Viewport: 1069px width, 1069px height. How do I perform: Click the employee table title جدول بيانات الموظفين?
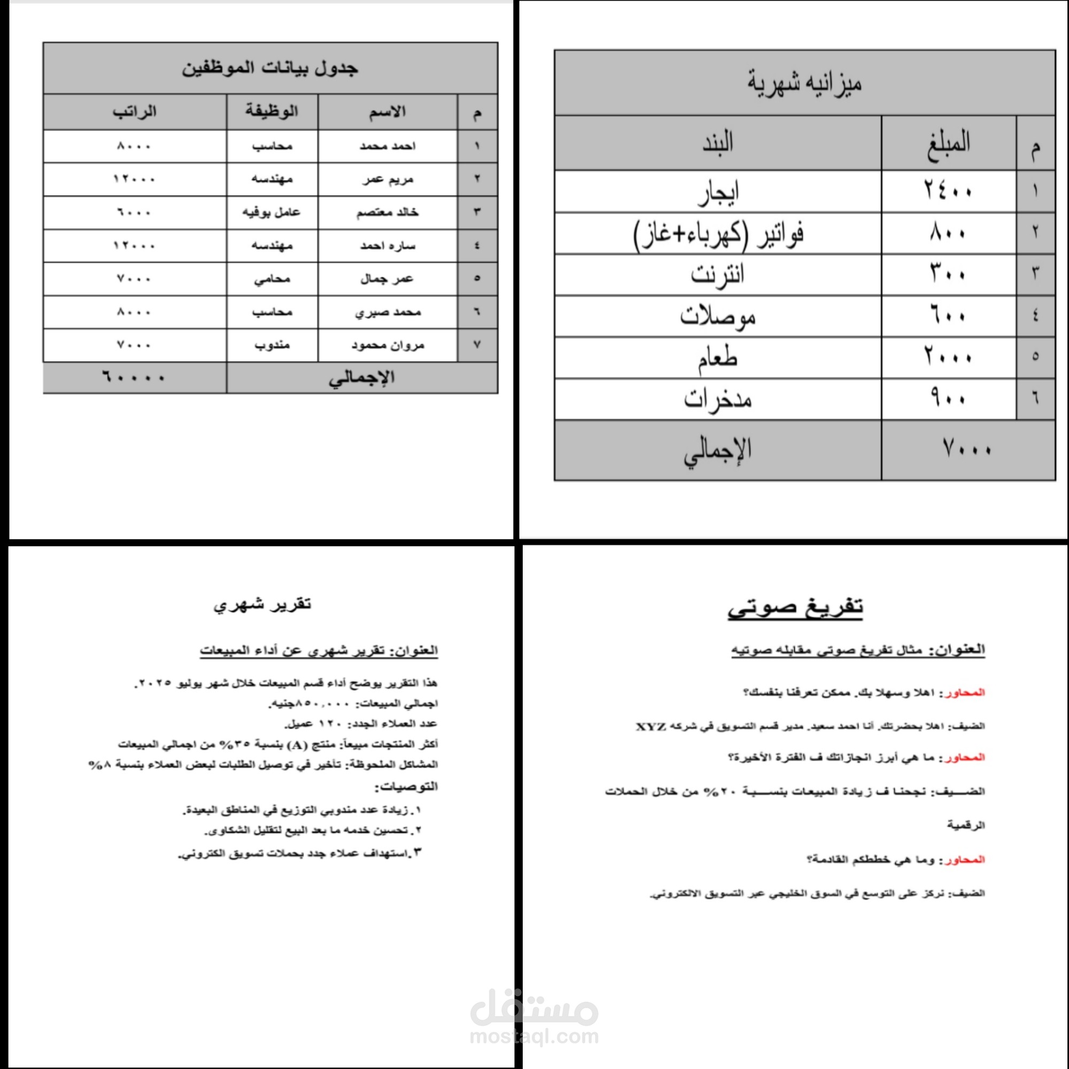[x=270, y=68]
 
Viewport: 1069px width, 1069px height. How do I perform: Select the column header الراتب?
[x=135, y=112]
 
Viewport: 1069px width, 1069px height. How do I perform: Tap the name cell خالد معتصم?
[x=388, y=213]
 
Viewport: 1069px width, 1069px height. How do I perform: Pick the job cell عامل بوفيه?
[x=271, y=213]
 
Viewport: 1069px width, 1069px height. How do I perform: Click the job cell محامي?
[x=272, y=279]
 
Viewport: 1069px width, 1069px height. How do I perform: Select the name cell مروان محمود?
[x=388, y=345]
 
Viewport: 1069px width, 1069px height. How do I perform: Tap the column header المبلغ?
[x=948, y=142]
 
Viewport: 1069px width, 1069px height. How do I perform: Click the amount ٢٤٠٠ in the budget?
[x=948, y=191]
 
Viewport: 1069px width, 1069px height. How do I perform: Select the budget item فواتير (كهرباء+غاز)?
[x=718, y=234]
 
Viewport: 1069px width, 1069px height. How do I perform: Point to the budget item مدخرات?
[x=717, y=399]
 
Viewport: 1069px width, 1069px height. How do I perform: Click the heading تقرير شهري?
[x=262, y=604]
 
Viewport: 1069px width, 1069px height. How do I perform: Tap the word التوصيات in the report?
[x=407, y=786]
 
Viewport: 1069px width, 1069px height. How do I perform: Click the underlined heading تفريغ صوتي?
[x=795, y=607]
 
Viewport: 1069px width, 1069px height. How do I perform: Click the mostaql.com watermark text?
[x=534, y=1036]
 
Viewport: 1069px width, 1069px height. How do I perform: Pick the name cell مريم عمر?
[x=388, y=179]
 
